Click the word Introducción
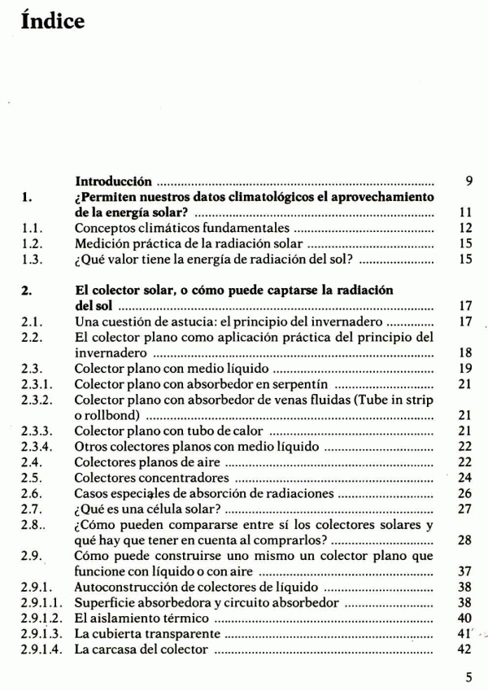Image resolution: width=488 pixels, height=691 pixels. [x=113, y=180]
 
